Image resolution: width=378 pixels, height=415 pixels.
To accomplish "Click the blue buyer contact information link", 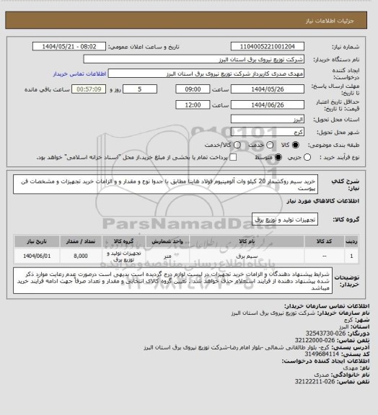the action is click(x=80, y=74).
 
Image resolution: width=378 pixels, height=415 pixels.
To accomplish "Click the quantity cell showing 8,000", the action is click(x=80, y=256).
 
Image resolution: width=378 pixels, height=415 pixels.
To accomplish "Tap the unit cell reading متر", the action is click(x=167, y=256).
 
